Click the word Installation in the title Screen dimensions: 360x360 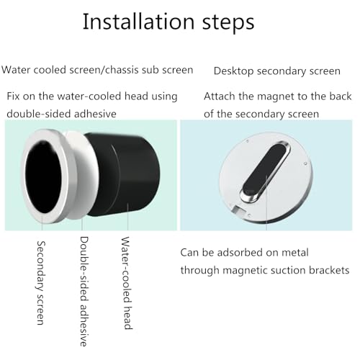coord(138,22)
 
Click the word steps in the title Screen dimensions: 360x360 coord(228,23)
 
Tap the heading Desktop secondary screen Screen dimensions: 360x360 coord(277,71)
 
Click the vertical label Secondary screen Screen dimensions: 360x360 coord(41,283)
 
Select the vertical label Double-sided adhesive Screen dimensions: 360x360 coord(84,291)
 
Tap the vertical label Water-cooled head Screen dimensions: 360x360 coord(127,283)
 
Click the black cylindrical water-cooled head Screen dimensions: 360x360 coord(127,174)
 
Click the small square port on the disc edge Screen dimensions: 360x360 coord(238,210)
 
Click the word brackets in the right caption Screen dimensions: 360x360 coord(329,270)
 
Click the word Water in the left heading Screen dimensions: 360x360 coord(16,70)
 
